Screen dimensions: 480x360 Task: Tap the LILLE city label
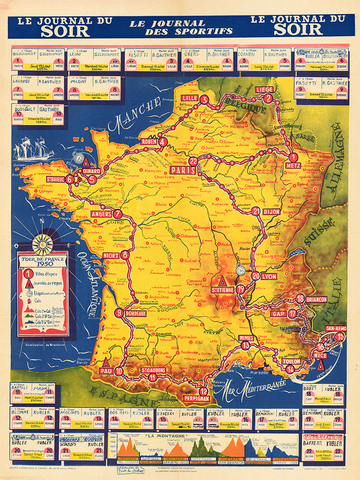click(189, 97)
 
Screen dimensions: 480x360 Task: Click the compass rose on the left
click(43, 243)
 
